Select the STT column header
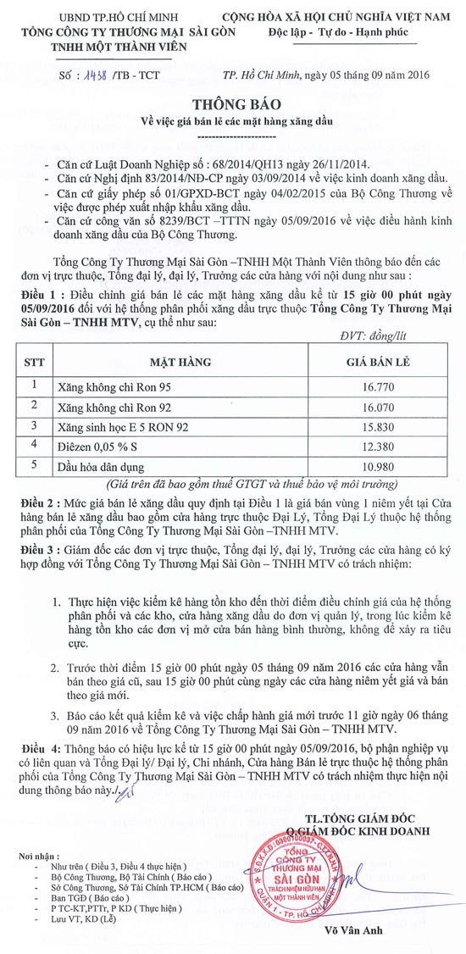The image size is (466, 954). [x=34, y=361]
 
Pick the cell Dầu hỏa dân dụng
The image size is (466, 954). [x=102, y=466]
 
